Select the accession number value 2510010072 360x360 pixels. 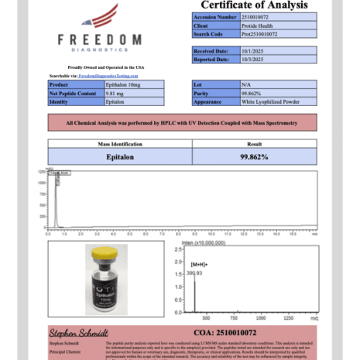[241, 16]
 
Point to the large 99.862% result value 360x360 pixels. [254, 156]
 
